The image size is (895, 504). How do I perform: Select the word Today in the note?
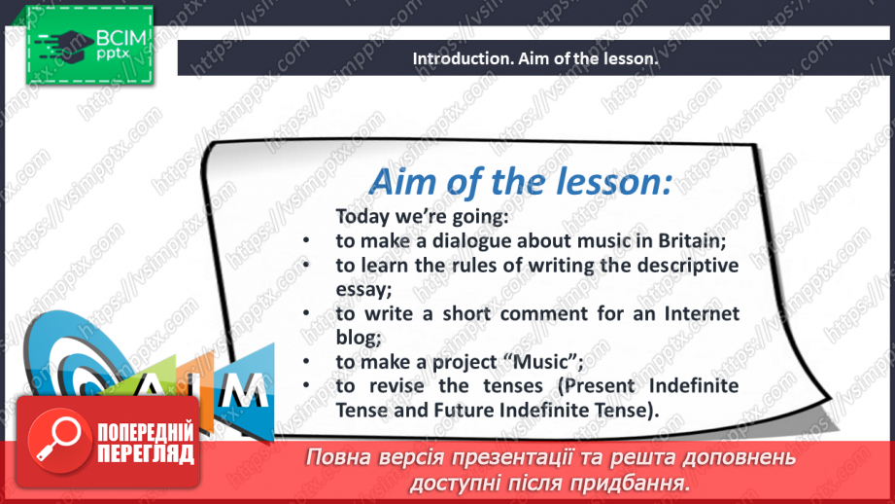362,215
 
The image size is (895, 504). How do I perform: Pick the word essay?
360,289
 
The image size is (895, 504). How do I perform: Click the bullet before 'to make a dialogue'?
304,240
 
